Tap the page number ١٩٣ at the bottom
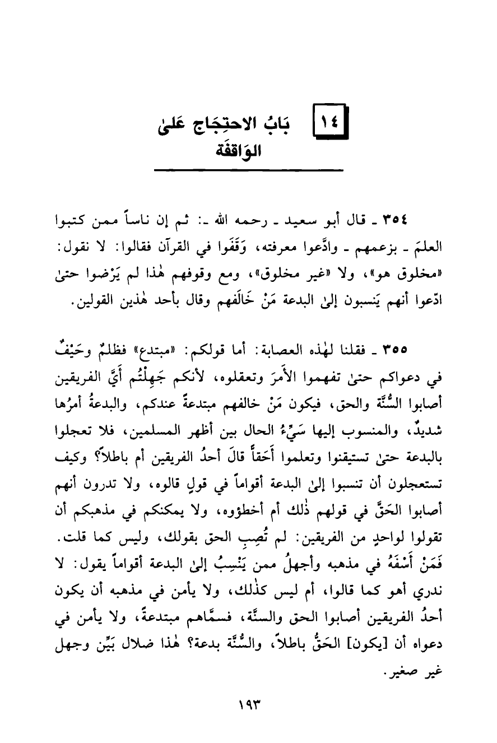pyautogui.click(x=248, y=700)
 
